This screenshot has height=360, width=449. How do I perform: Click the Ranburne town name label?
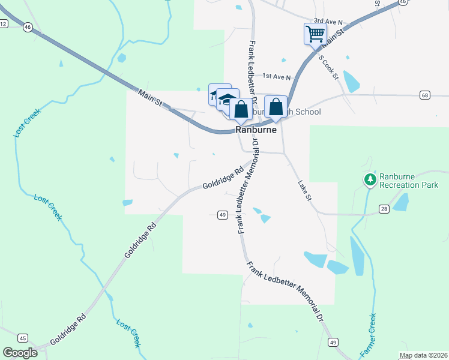click(x=256, y=130)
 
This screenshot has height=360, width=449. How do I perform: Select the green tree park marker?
click(x=370, y=179)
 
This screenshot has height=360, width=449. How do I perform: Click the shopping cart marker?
click(x=315, y=33)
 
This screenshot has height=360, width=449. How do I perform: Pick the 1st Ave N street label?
click(x=276, y=77)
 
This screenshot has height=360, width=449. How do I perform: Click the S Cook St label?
click(x=329, y=67)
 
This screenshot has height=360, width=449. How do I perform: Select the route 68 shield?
click(x=425, y=95)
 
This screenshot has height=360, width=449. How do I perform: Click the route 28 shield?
click(x=384, y=208)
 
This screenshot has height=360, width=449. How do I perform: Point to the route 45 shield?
click(x=23, y=337)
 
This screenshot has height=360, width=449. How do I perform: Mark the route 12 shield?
click(x=4, y=23)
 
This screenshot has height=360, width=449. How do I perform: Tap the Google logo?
click(x=20, y=353)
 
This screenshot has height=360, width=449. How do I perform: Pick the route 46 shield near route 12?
click(x=28, y=27)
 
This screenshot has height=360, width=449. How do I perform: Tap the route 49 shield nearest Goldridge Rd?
click(x=221, y=215)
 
